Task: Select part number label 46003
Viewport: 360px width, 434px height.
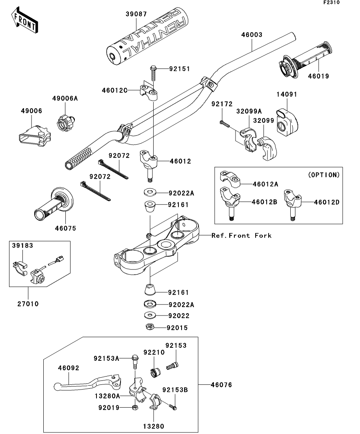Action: click(252, 35)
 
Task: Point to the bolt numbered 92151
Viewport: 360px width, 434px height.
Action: click(153, 73)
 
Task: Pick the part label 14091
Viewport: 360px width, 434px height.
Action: click(286, 94)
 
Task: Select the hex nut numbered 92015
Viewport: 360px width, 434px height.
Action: click(150, 327)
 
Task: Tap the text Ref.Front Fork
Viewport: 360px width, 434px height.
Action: click(241, 236)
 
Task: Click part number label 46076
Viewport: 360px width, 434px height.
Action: click(221, 385)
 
